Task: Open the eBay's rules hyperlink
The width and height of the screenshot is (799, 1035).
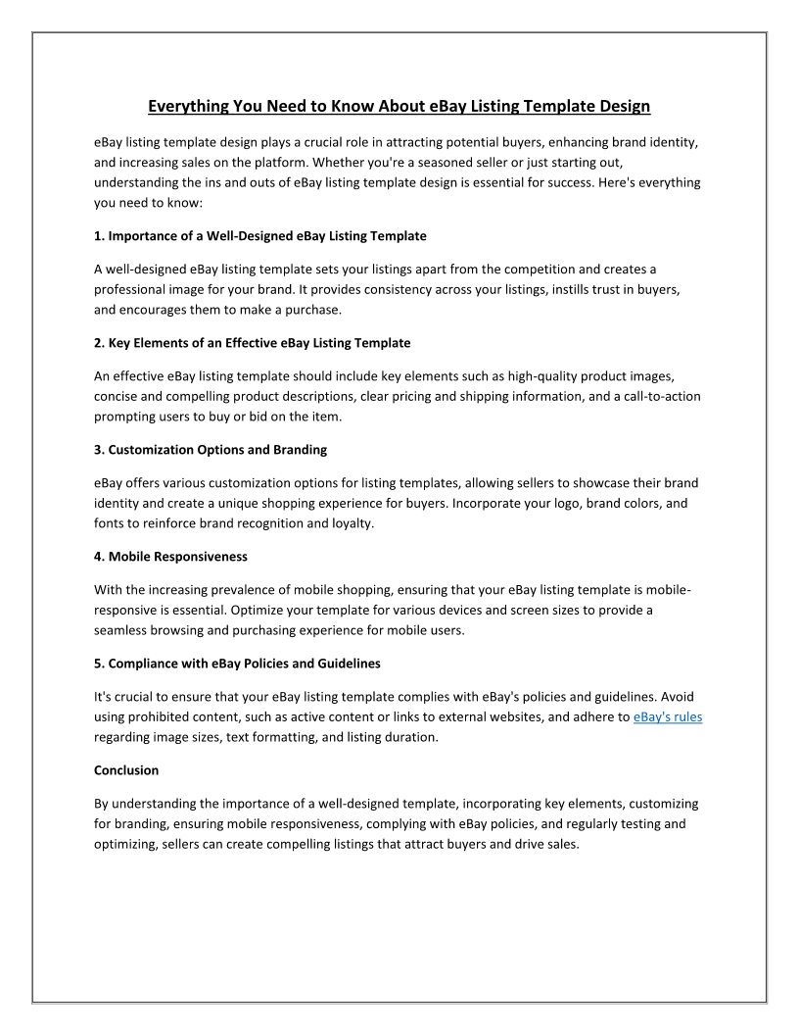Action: pyautogui.click(x=668, y=717)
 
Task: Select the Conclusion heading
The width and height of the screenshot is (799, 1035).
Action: pyautogui.click(x=126, y=770)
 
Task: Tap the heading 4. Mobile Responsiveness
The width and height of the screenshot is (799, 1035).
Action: pyautogui.click(x=171, y=557)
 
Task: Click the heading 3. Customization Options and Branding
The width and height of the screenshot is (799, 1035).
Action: pyautogui.click(x=211, y=450)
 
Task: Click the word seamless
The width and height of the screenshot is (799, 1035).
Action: pyautogui.click(x=123, y=630)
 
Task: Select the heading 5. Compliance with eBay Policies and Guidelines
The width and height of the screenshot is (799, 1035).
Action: pyautogui.click(x=237, y=664)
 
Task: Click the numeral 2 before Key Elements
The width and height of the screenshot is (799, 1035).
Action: pyautogui.click(x=98, y=343)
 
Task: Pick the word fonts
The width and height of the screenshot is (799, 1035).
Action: pyautogui.click(x=109, y=523)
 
